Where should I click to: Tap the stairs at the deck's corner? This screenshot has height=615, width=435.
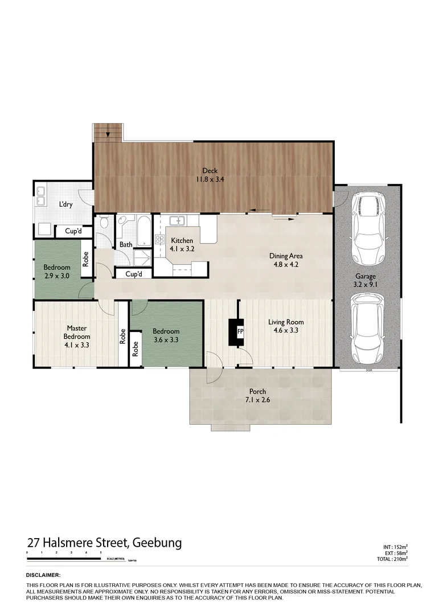[108, 133]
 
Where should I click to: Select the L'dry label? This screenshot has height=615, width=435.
[65, 204]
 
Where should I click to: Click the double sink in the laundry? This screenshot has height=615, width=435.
[42, 196]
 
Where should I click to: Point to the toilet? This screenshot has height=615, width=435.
[103, 223]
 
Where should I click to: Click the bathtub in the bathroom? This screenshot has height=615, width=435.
[143, 231]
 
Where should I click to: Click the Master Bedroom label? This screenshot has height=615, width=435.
[76, 336]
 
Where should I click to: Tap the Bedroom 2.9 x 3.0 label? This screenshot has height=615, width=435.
[57, 272]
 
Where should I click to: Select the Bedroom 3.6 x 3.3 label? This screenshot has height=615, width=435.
[166, 335]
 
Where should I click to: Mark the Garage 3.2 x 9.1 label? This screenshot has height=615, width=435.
[366, 281]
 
